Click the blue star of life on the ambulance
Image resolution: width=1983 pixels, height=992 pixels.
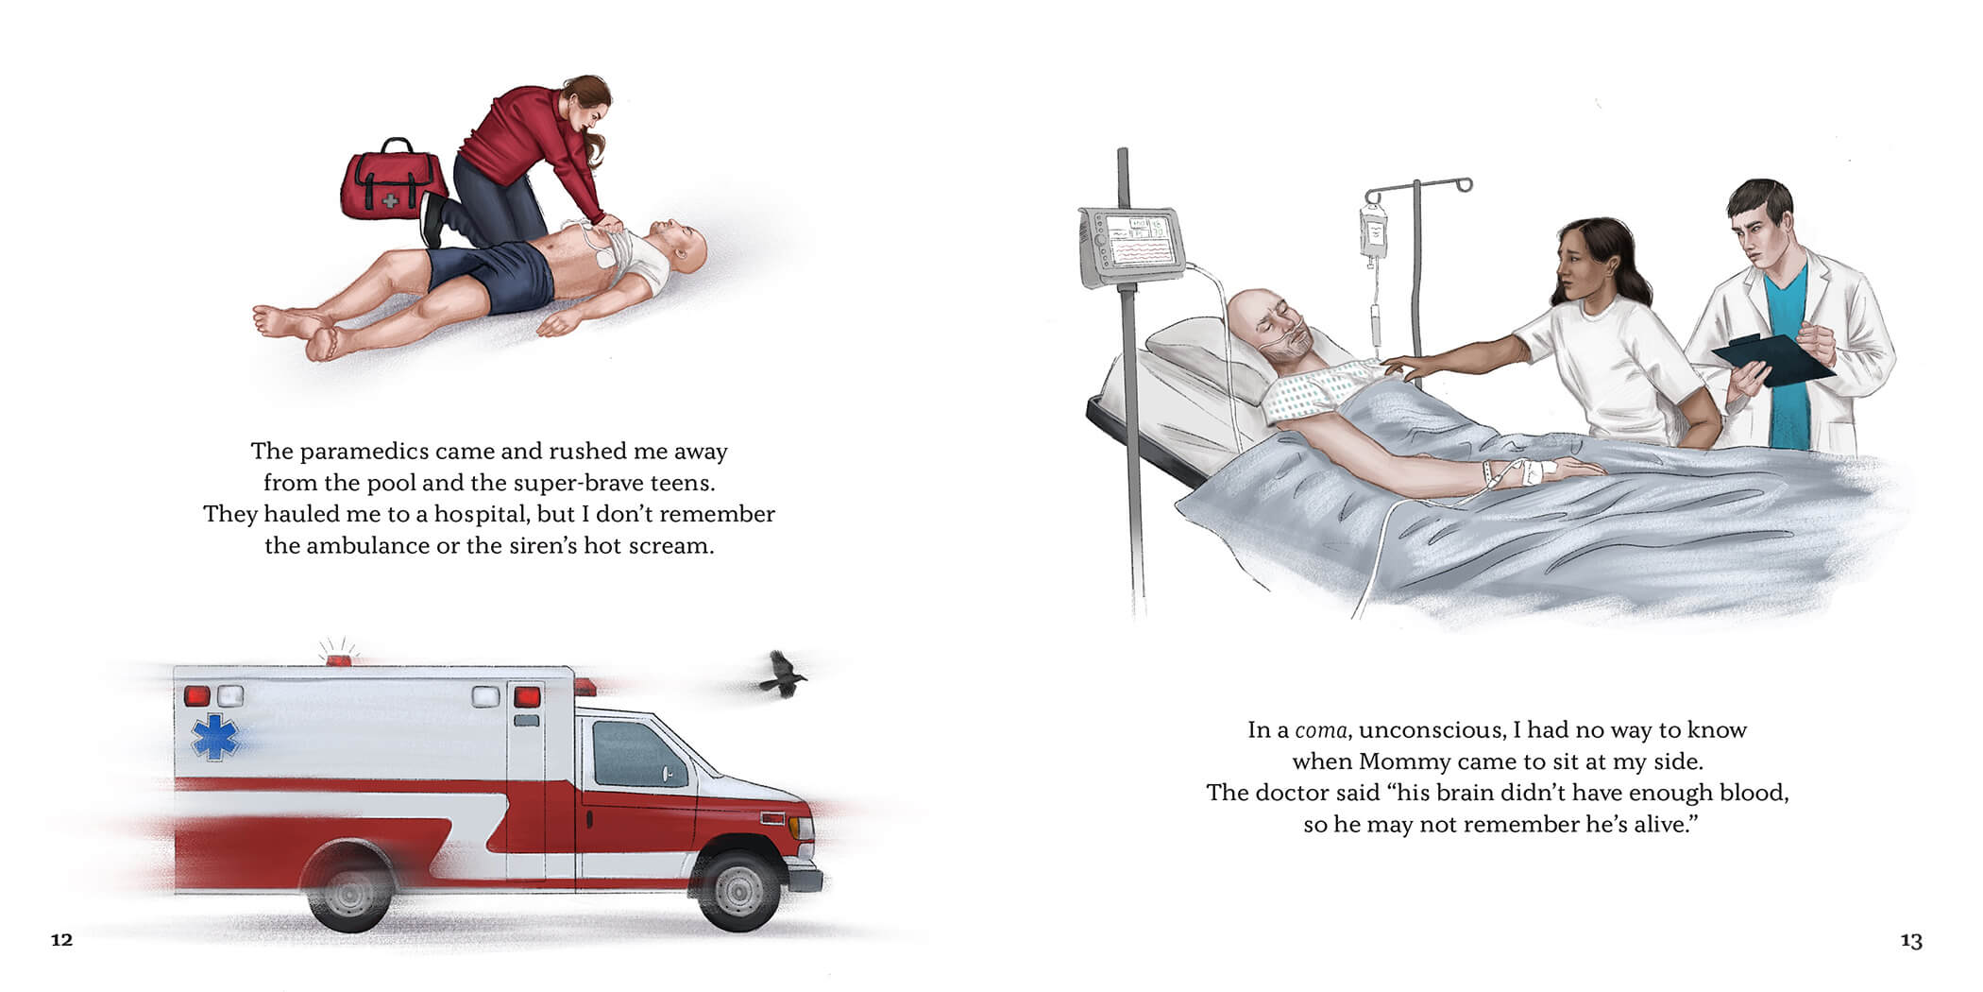tap(215, 737)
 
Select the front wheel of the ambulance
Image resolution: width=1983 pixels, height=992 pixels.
tap(739, 888)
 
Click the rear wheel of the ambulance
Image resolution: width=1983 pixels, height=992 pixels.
tap(350, 888)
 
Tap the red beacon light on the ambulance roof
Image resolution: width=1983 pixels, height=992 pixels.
tap(339, 659)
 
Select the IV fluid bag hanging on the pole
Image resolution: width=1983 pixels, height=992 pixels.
tap(1374, 231)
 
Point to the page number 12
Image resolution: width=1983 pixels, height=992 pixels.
tap(61, 940)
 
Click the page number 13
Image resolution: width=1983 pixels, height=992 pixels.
tap(1911, 941)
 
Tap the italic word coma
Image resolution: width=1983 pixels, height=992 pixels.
tap(1320, 730)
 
